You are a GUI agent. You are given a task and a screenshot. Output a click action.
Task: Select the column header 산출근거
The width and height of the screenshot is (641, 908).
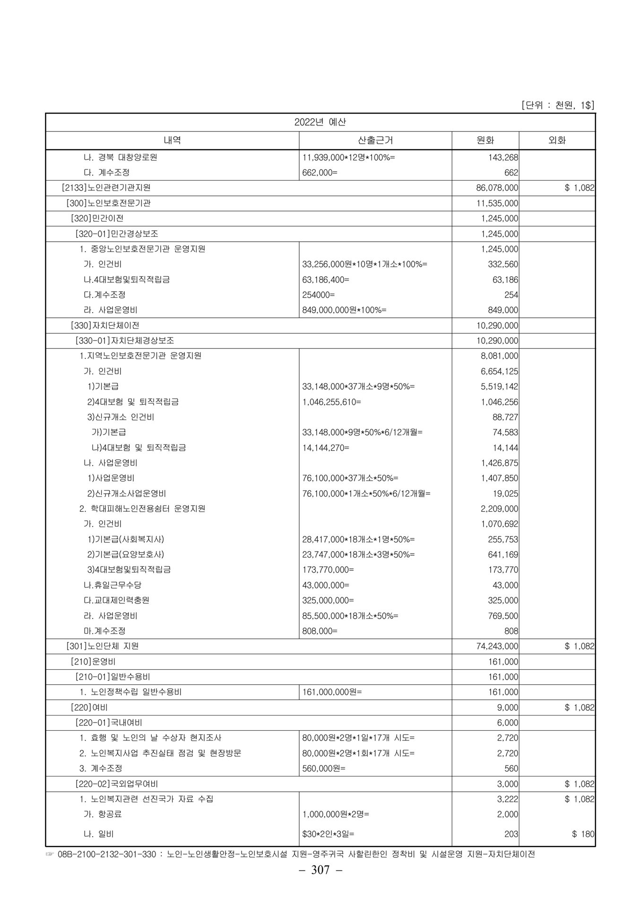click(x=375, y=140)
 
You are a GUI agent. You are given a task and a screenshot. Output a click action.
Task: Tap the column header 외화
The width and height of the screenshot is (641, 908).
click(x=557, y=140)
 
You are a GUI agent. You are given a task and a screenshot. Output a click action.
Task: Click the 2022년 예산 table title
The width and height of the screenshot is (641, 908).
click(x=320, y=122)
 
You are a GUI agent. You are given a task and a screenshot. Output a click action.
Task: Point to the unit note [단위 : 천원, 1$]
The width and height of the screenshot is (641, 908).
click(x=557, y=105)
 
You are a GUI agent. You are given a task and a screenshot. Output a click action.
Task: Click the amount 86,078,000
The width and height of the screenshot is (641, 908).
click(x=497, y=188)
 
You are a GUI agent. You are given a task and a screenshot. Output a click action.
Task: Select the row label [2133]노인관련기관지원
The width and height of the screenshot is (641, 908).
click(x=106, y=188)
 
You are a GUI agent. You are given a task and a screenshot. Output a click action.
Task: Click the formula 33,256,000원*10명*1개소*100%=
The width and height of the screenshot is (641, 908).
click(x=364, y=264)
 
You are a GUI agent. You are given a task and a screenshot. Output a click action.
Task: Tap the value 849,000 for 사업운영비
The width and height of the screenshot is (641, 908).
click(x=503, y=310)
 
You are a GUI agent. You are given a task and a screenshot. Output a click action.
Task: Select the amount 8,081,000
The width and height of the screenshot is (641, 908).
click(x=499, y=356)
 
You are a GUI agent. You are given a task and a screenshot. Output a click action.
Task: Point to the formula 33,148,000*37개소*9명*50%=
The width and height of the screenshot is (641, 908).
click(x=358, y=386)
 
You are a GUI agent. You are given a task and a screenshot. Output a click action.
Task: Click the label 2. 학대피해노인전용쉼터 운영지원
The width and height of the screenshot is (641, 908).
click(x=142, y=508)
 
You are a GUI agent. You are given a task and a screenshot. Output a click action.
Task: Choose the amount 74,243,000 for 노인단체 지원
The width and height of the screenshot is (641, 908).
click(x=497, y=646)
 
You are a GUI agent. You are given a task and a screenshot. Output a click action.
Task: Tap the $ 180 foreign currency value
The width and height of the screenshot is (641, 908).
click(x=583, y=834)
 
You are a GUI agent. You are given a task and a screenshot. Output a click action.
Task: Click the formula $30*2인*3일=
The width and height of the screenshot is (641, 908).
click(x=328, y=834)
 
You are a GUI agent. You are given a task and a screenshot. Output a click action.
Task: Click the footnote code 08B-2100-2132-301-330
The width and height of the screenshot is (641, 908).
click(x=111, y=854)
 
